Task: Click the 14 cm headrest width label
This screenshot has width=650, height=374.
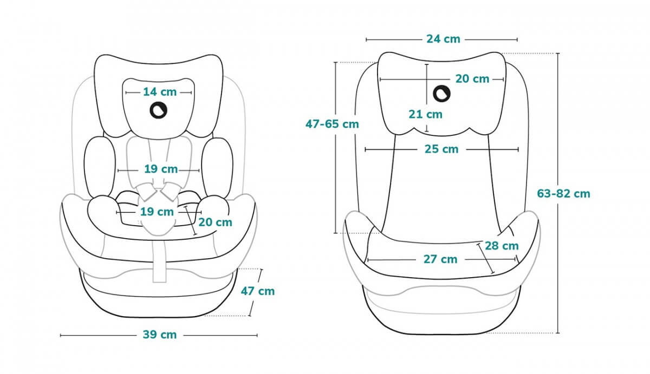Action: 160,92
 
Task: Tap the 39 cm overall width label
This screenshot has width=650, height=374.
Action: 160,334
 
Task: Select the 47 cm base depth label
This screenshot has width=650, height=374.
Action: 257,291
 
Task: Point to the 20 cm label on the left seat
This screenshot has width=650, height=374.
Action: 215,222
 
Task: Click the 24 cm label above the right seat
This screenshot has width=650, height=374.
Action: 443,39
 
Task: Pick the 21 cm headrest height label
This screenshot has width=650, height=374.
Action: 425,114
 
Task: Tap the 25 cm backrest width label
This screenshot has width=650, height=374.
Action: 441,149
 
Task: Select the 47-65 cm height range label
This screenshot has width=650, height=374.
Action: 332,123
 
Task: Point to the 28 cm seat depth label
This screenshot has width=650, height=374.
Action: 502,246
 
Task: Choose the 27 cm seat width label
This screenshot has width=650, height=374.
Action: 440,259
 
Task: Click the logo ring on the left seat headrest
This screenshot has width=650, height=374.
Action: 159,110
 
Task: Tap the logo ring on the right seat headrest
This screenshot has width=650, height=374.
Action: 441,95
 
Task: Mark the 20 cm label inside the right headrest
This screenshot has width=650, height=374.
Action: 472,79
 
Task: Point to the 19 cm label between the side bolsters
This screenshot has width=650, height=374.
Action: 161,169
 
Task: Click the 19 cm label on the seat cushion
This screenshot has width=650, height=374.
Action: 157,212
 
